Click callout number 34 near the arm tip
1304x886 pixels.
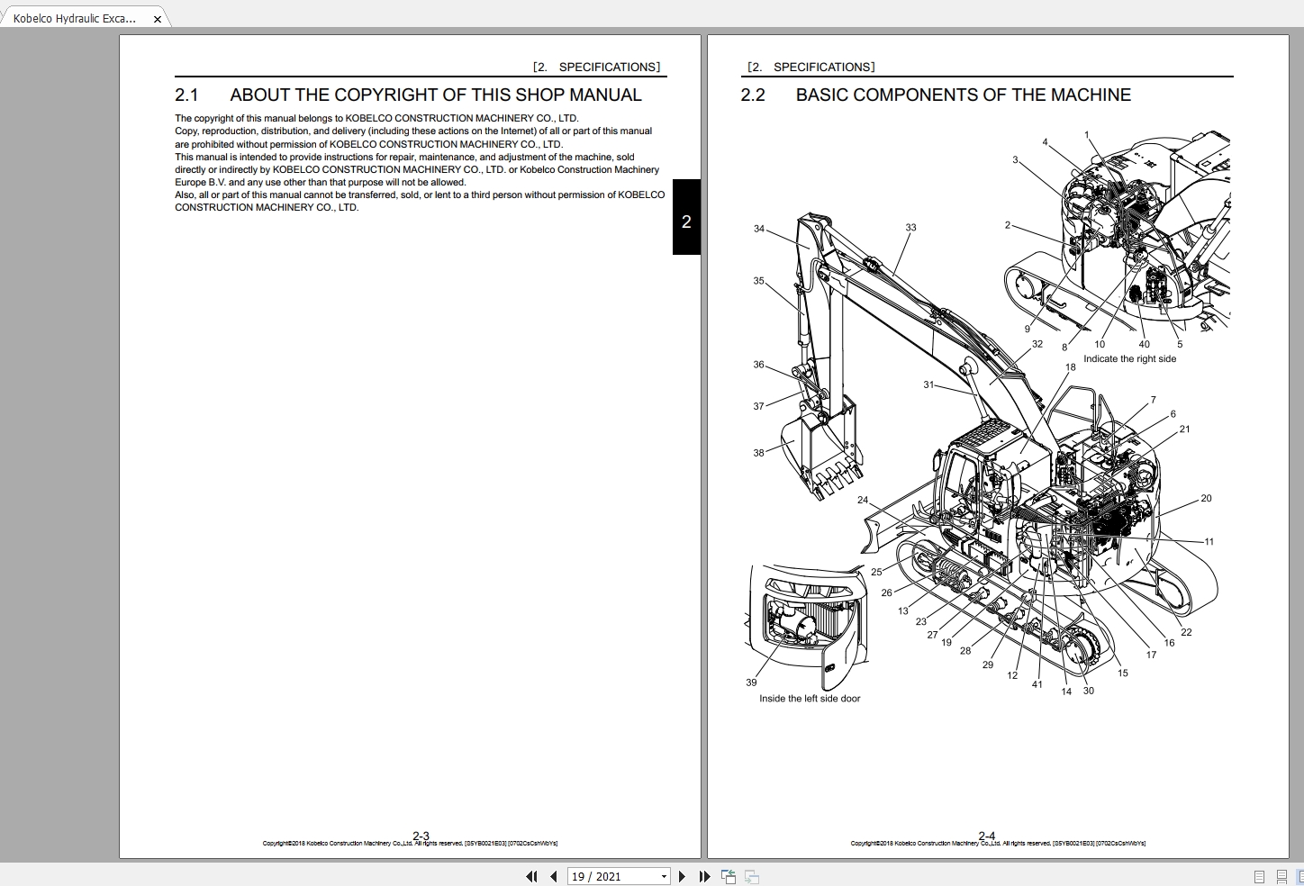click(x=758, y=229)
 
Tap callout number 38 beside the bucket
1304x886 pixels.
click(x=758, y=453)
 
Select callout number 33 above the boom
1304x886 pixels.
click(x=910, y=228)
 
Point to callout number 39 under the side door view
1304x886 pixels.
click(x=751, y=683)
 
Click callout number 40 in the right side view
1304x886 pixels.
click(x=1144, y=344)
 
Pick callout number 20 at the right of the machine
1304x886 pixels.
click(x=1206, y=498)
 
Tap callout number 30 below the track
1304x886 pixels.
click(x=1089, y=691)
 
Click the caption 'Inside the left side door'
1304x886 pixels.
click(x=809, y=699)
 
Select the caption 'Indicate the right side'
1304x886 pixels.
click(x=1129, y=359)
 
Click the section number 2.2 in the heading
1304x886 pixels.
click(x=753, y=95)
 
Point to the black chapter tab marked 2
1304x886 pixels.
click(x=686, y=221)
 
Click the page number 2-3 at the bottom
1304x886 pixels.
click(x=421, y=836)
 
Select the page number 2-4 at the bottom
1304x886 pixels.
click(x=987, y=836)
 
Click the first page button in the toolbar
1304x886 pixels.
click(x=531, y=876)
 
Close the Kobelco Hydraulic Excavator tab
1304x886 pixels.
click(x=158, y=18)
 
